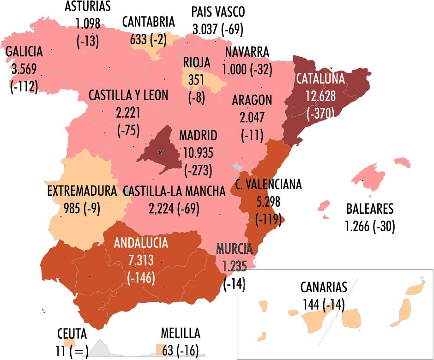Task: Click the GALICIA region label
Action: pyautogui.click(x=24, y=51)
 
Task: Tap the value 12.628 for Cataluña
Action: pyautogui.click(x=320, y=96)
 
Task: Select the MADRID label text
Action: pyautogui.click(x=198, y=136)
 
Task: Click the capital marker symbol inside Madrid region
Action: pyautogui.click(x=160, y=152)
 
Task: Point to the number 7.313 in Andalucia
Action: pyautogui.click(x=141, y=260)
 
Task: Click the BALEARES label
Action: pyautogui.click(x=370, y=209)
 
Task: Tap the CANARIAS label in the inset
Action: pyautogui.click(x=323, y=287)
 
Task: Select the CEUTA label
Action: pyautogui.click(x=72, y=334)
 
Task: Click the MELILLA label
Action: pyautogui.click(x=181, y=333)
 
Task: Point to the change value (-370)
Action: pyautogui.click(x=320, y=113)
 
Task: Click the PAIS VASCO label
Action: pyautogui.click(x=218, y=12)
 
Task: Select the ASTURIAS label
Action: pyautogui.click(x=88, y=6)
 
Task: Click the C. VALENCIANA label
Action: pyautogui.click(x=268, y=184)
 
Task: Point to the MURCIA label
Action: pyautogui.click(x=235, y=249)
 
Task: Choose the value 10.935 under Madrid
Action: pyautogui.click(x=198, y=153)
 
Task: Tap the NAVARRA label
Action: pyautogui.click(x=247, y=52)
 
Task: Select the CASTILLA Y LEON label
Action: pyautogui.click(x=128, y=96)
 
